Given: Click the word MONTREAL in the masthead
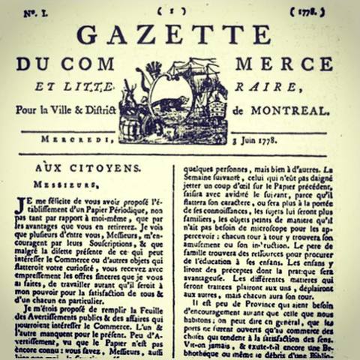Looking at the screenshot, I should [289, 110].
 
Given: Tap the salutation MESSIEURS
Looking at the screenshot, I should [61, 181].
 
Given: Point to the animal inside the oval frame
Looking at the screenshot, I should [169, 103].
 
